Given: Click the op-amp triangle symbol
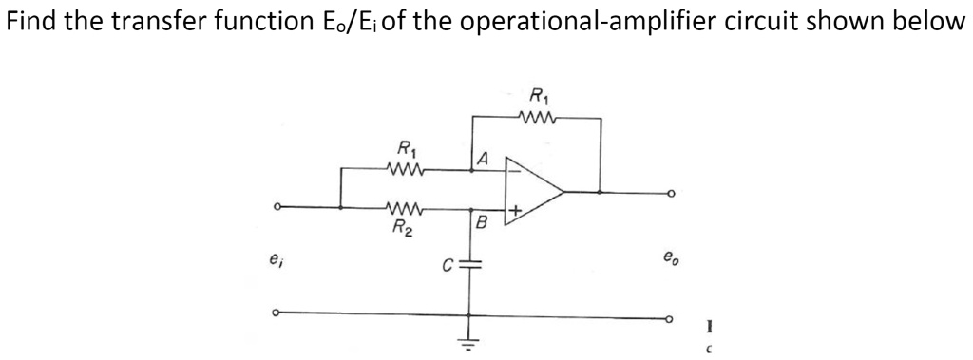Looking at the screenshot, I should tap(534, 191).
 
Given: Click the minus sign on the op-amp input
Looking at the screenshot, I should tap(513, 173).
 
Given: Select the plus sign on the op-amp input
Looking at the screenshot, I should tap(514, 208).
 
